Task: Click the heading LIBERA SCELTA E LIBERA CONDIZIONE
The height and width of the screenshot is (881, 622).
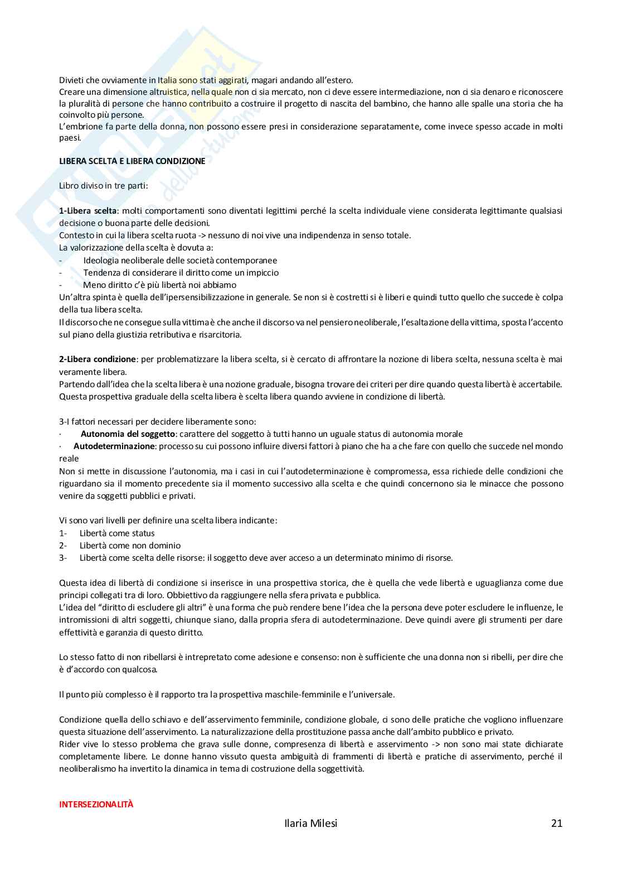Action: pyautogui.click(x=132, y=161)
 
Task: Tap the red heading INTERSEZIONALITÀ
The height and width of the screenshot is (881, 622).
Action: pyautogui.click(x=96, y=804)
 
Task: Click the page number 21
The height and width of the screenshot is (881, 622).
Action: pyautogui.click(x=556, y=823)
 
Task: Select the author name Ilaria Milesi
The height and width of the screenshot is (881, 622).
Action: pyautogui.click(x=310, y=823)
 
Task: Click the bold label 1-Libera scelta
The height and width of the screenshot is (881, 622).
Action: pyautogui.click(x=88, y=210)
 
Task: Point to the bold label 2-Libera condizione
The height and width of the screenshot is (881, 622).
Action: pyautogui.click(x=98, y=359)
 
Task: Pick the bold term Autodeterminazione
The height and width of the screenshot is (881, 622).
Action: pyautogui.click(x=114, y=446)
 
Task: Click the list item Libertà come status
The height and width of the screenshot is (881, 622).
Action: pyautogui.click(x=117, y=533)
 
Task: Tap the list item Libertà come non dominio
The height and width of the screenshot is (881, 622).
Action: pyautogui.click(x=130, y=545)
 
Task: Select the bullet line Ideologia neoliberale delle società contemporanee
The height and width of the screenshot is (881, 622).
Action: pyautogui.click(x=180, y=260)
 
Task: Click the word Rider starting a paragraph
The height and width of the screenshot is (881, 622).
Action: pyautogui.click(x=70, y=744)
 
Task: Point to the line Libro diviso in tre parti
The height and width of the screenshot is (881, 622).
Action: pyautogui.click(x=104, y=185)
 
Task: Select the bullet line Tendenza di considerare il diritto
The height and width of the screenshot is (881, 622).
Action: pyautogui.click(x=181, y=272)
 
